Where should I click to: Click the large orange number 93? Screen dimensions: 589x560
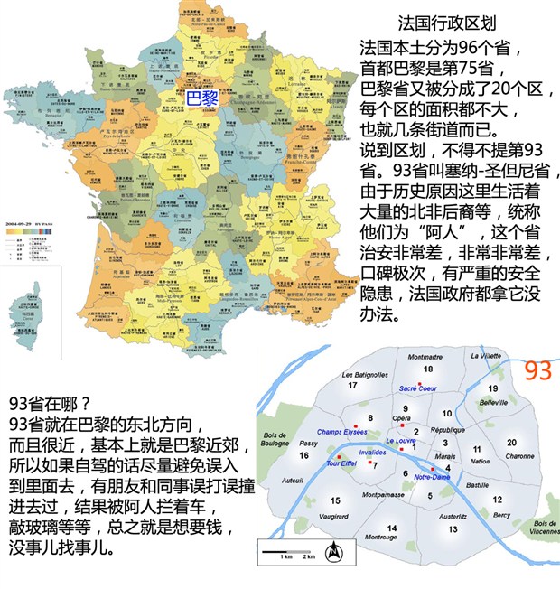537,369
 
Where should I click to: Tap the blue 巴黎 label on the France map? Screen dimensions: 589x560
201,94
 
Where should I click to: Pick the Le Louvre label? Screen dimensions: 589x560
401,440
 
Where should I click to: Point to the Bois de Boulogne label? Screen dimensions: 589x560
275,439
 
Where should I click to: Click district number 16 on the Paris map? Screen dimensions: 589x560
304,455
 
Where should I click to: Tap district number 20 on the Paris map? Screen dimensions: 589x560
512,443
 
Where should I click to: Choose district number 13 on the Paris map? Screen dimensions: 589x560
452,528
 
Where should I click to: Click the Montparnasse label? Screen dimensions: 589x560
393,495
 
